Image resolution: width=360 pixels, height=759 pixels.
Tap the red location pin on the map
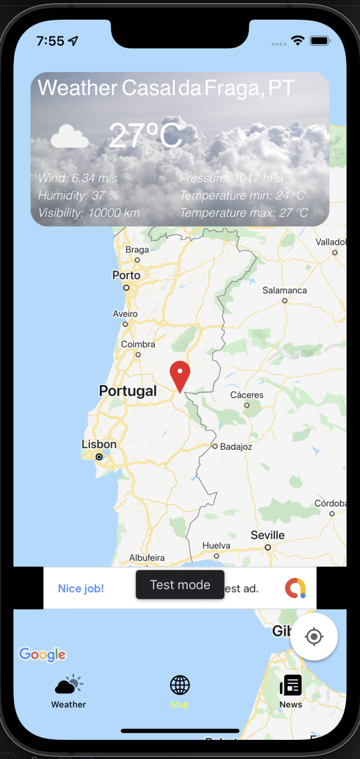(x=180, y=374)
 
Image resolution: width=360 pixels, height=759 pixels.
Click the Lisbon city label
(x=99, y=444)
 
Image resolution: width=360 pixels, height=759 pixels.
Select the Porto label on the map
(x=126, y=275)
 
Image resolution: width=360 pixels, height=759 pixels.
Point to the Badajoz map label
(x=236, y=446)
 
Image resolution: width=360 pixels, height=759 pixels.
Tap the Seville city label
(x=267, y=535)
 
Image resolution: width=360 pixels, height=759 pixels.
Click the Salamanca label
(x=284, y=290)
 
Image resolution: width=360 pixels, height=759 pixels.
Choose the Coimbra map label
(x=138, y=344)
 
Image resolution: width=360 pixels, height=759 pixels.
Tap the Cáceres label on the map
(x=247, y=395)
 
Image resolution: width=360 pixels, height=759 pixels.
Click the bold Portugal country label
(x=128, y=391)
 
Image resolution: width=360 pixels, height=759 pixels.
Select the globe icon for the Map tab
(x=180, y=685)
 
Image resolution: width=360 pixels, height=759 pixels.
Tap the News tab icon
(x=291, y=685)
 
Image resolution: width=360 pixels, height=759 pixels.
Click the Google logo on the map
(x=42, y=655)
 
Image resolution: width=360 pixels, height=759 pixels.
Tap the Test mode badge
(x=180, y=585)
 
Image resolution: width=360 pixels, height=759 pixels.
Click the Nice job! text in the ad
(x=81, y=588)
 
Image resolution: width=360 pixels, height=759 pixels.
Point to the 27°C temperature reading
(x=145, y=135)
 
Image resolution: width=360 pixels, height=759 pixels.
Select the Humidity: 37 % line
(x=78, y=195)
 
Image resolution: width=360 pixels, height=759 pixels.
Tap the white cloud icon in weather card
(x=70, y=136)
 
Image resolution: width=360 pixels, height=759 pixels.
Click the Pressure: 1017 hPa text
(x=231, y=178)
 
